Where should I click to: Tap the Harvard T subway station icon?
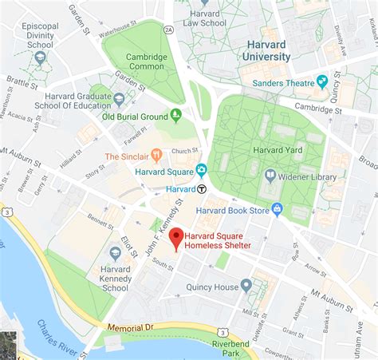click(203, 189)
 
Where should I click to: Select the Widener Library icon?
click(270, 175)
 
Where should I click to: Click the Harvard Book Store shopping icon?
click(278, 209)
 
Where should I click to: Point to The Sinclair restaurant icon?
click(156, 155)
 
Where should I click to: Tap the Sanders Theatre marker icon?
click(322, 81)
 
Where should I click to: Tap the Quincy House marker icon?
click(246, 285)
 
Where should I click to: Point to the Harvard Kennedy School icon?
click(116, 253)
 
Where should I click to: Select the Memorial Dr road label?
click(125, 327)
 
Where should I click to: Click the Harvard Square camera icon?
click(201, 169)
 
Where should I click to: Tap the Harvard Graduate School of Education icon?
click(120, 98)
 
